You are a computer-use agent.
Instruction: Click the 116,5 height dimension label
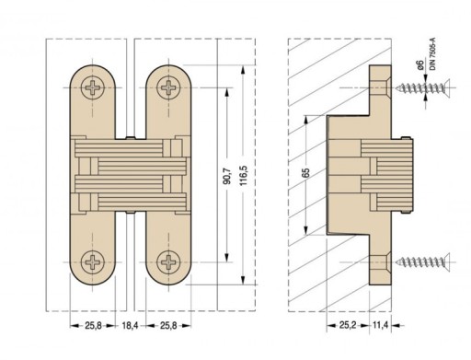pos(243,175)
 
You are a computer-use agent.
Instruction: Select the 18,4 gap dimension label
pos(130,326)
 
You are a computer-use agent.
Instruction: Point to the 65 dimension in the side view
pos(305,173)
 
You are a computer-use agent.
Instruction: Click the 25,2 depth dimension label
pos(348,325)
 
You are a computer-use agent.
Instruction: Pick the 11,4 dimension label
pos(381,325)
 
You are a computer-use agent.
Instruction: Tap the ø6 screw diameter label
pos(420,64)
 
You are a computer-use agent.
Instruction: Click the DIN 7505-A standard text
pos(432,54)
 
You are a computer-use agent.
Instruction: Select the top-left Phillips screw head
pos(93,87)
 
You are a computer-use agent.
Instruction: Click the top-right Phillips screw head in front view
pos(168,87)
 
